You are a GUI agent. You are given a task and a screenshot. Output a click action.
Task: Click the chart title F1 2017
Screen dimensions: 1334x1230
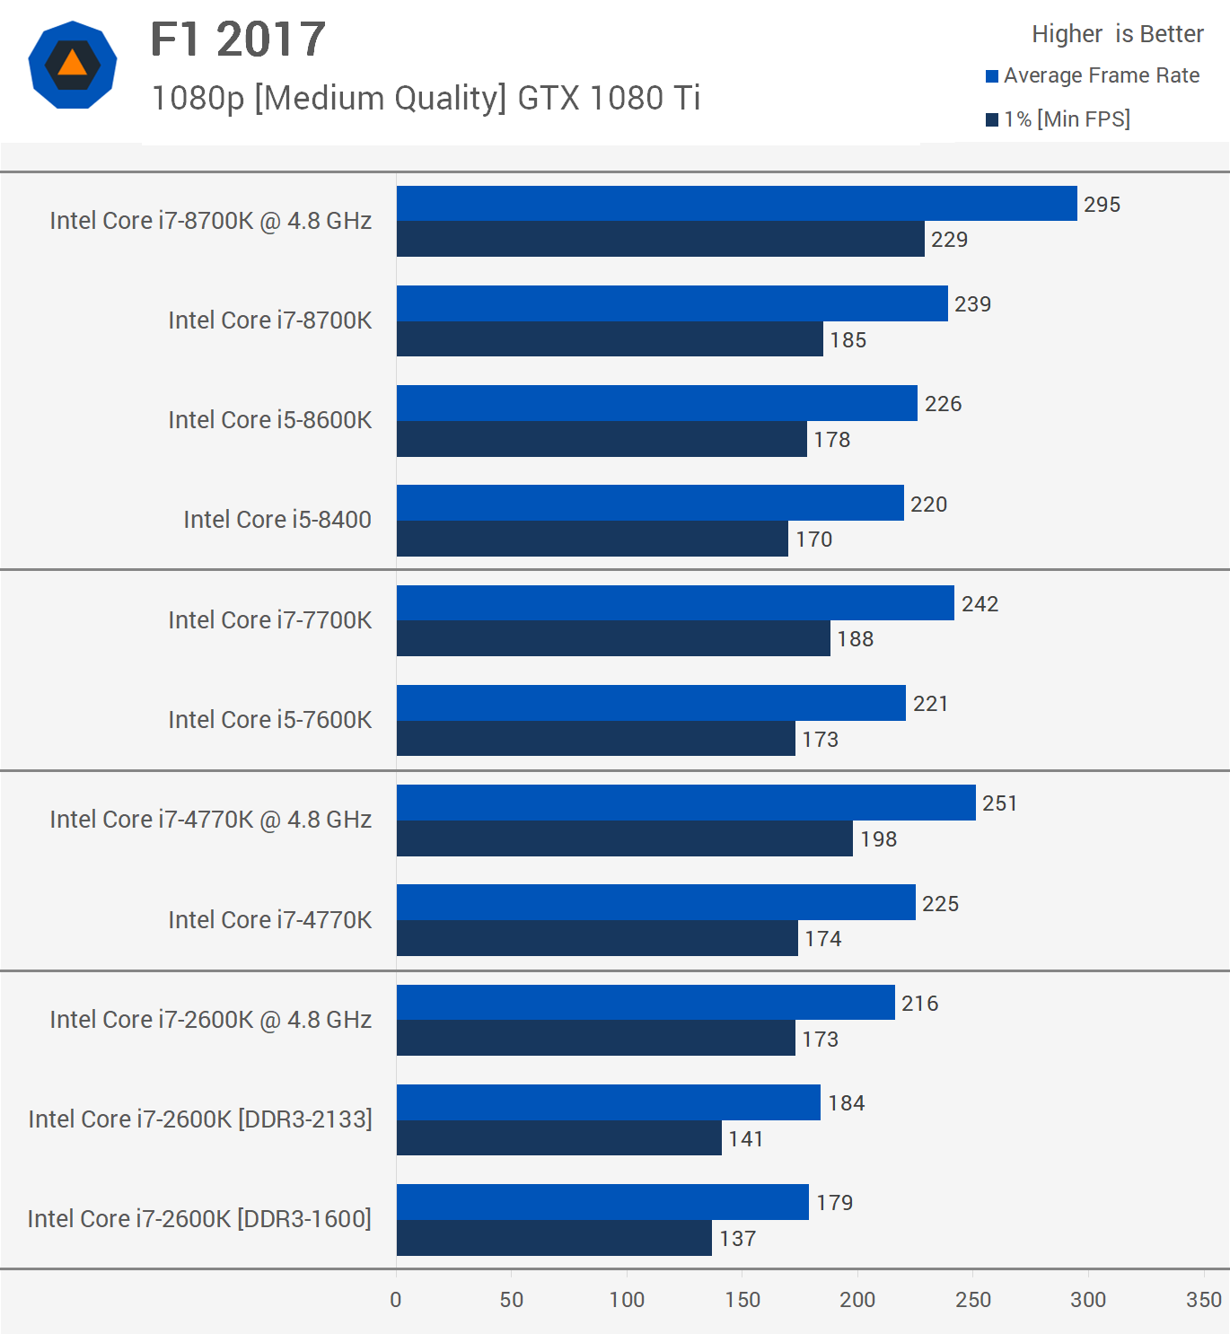(238, 39)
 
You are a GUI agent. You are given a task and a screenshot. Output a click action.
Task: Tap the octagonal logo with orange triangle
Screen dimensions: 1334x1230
(73, 65)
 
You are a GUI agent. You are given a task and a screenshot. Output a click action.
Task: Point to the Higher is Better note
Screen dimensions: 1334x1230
(1117, 34)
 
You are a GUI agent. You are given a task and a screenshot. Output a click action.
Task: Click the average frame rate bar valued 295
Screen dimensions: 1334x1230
(736, 204)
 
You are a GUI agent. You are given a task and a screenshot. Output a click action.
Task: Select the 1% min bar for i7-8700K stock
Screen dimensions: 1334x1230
(610, 339)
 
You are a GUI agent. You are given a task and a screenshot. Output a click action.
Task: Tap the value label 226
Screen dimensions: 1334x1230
(943, 404)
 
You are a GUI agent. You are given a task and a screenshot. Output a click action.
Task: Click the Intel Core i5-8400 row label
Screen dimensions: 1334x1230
(277, 520)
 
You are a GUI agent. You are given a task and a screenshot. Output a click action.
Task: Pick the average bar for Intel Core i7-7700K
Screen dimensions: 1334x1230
(675, 603)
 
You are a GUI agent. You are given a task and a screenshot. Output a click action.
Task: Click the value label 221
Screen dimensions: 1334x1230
(930, 704)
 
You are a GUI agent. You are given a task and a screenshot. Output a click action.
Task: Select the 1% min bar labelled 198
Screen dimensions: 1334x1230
(624, 838)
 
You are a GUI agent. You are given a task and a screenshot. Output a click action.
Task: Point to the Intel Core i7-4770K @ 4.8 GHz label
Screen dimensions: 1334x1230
(210, 820)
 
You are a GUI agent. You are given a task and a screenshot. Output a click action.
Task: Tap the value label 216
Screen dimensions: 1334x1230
(919, 1004)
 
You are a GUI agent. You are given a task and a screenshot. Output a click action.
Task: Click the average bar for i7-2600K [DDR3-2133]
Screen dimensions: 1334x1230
(608, 1102)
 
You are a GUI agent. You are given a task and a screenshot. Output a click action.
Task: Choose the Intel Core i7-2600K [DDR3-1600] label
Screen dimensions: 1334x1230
(199, 1219)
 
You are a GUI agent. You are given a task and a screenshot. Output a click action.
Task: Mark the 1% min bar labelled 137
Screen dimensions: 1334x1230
(554, 1238)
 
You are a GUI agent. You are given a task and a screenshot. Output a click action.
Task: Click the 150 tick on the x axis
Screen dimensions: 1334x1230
(742, 1299)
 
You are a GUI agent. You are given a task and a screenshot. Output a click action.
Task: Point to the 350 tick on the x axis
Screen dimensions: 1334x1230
(1203, 1299)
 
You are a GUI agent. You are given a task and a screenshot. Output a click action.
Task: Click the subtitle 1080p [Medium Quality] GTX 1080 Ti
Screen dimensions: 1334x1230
(426, 98)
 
